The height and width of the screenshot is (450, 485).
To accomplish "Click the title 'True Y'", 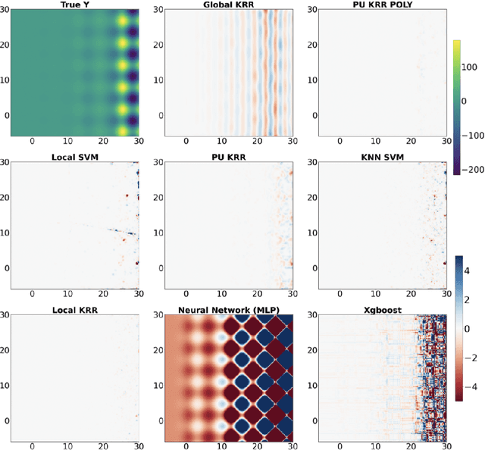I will click(75, 5).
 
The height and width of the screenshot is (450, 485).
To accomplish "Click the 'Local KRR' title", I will click(75, 310).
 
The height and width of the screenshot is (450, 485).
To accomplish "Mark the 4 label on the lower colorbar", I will click(470, 269).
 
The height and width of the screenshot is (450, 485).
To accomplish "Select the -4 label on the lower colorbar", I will click(472, 386).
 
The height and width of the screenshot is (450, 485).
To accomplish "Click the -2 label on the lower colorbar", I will click(472, 357).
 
